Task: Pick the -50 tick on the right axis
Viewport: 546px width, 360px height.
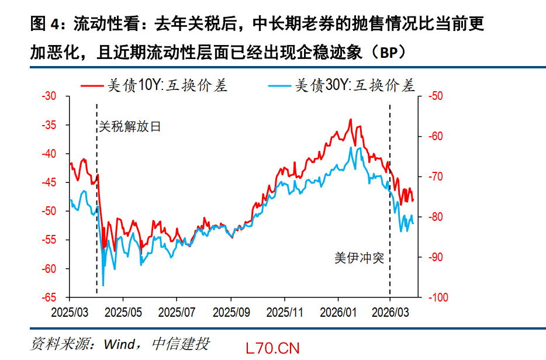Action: (436, 96)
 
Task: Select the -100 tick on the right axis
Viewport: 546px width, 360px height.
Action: (438, 297)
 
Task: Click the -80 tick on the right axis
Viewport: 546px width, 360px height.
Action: (436, 217)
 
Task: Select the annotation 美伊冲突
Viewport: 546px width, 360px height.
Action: (359, 258)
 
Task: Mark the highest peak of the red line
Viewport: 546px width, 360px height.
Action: (351, 119)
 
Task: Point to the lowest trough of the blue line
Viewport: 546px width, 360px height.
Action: (103, 285)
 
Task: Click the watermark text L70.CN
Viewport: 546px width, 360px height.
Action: (273, 348)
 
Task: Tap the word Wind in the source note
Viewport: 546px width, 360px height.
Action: (119, 343)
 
